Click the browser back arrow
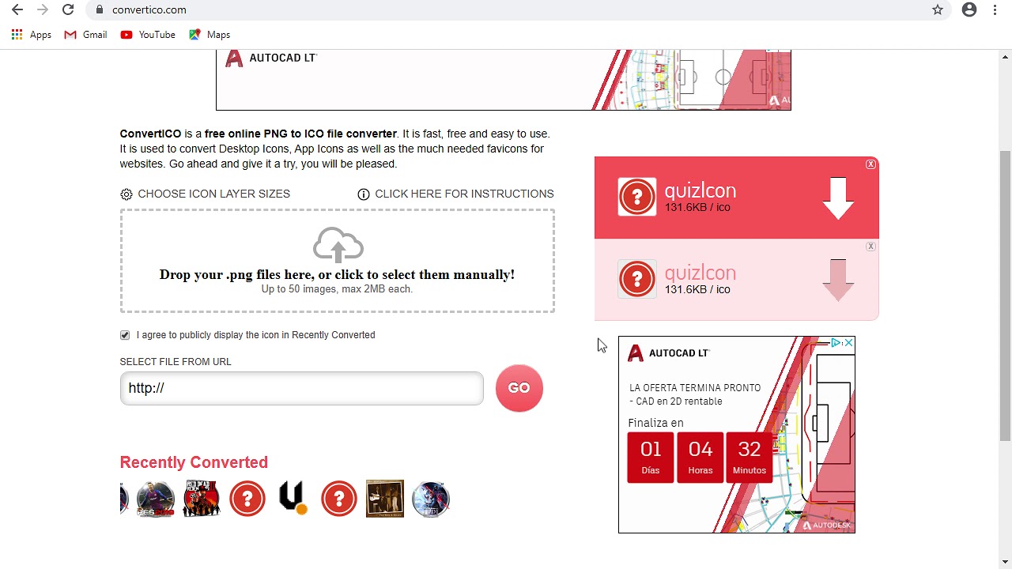coord(17,9)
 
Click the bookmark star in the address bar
coord(938,9)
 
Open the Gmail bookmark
coord(85,35)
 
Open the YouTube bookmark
coord(148,35)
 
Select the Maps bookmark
coord(210,35)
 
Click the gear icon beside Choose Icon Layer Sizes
coord(126,194)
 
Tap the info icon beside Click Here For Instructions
coord(363,194)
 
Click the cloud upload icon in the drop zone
coord(338,244)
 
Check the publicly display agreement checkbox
coord(125,335)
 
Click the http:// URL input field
coord(302,388)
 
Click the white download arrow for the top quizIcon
coord(838,198)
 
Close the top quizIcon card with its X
coord(870,164)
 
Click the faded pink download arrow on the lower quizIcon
coord(838,281)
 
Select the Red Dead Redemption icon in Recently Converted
coord(202,498)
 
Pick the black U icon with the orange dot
coord(293,498)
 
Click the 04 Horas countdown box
coord(700,458)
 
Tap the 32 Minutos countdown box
coord(749,458)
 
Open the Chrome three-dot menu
coord(995,9)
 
